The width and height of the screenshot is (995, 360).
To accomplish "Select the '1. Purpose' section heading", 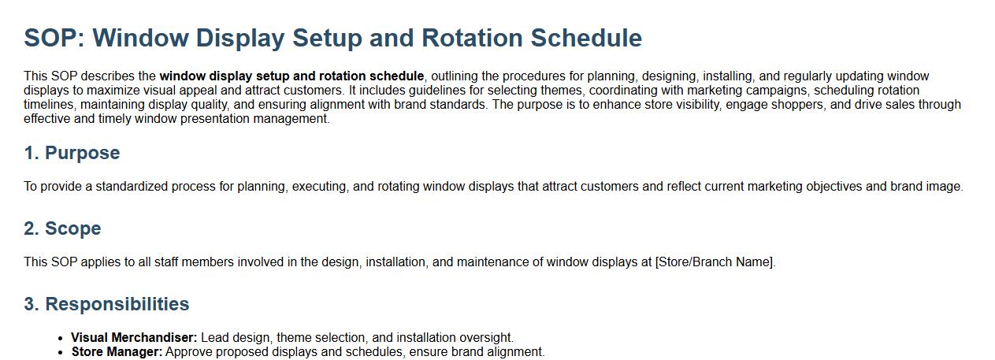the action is point(72,153).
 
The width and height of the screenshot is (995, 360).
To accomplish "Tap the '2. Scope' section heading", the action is point(63,228).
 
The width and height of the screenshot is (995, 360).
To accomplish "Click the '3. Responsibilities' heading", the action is point(106,304).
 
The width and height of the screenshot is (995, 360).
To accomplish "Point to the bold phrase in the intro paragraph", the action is point(291,76).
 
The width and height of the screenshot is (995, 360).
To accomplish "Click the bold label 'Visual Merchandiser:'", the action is point(134,337).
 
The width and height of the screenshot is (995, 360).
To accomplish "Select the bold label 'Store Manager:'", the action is point(117,351).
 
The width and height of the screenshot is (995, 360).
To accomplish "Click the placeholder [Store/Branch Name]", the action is point(715,262).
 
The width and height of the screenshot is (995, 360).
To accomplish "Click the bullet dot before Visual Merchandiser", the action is point(61,339).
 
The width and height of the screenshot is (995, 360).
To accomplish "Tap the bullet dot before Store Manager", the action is point(61,353).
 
